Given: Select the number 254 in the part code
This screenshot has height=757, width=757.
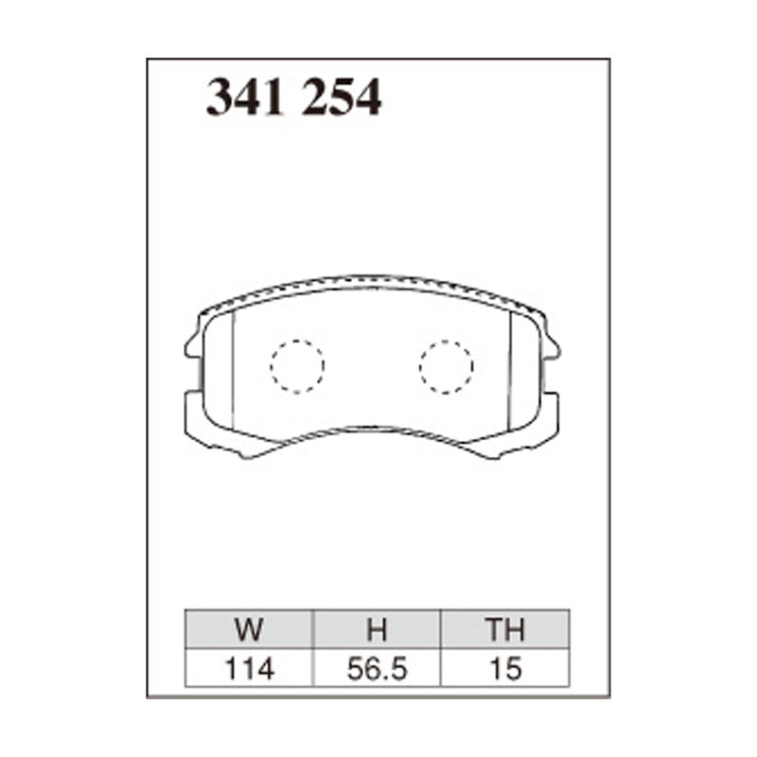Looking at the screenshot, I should pos(342,98).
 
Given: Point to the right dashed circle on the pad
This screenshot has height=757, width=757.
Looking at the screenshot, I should pos(446,365).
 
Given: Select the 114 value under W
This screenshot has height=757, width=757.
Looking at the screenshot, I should pos(251,669).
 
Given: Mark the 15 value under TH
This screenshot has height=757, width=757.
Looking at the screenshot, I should pos(505,669).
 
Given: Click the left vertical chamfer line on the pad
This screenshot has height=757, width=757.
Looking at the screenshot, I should pos(233,369).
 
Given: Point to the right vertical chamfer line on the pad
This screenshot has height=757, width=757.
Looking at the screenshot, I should pos(511,369).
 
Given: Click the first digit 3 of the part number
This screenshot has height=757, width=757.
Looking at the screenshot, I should pos(220,98).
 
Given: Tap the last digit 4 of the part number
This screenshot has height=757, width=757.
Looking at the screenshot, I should pos(368,98).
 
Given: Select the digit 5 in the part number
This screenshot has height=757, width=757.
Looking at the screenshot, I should pos(342,98).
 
